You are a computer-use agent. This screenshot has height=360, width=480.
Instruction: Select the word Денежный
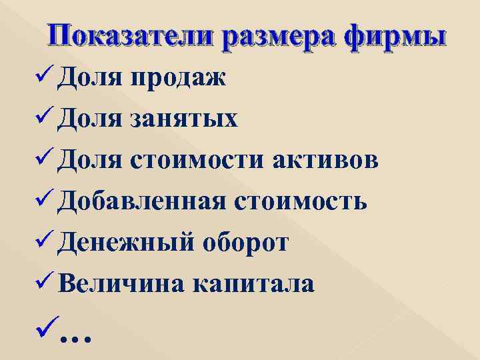pyautogui.click(x=125, y=243)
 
